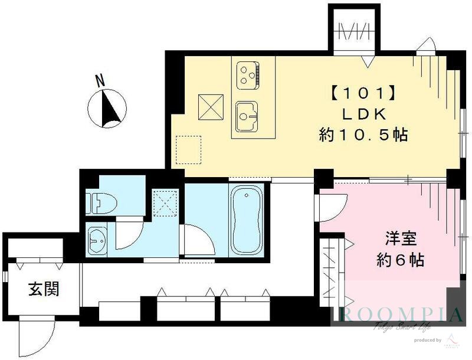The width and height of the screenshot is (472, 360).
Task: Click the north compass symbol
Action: (x=107, y=109)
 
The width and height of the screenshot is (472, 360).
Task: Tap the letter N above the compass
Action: (x=101, y=80)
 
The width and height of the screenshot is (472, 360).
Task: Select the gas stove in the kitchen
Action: (x=248, y=74)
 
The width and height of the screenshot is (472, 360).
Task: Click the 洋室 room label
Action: (x=401, y=239)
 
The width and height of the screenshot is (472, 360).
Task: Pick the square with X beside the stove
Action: (x=209, y=106)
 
